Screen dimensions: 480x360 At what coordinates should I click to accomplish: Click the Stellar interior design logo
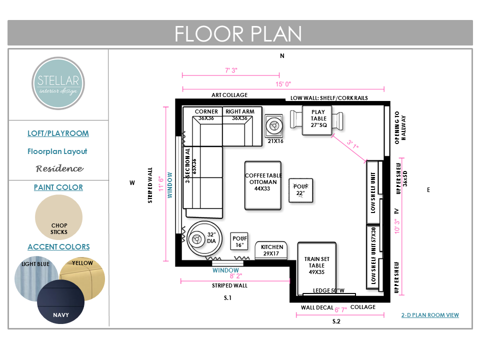pos(58,83)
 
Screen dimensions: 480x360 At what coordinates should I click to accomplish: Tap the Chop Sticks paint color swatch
pos(59,217)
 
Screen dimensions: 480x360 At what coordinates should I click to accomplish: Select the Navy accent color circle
pos(61,301)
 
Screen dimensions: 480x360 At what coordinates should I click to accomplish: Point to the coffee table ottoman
pos(263,185)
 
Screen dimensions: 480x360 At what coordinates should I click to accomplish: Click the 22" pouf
pos(301,190)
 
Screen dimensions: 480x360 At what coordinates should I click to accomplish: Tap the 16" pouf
pos(239,241)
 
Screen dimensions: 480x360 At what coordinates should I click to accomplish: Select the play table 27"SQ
pos(317,120)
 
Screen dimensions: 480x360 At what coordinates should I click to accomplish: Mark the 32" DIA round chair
pos(204,238)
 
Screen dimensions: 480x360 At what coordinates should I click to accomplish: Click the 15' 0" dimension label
pos(283,84)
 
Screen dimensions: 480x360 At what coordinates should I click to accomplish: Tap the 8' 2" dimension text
pos(236,276)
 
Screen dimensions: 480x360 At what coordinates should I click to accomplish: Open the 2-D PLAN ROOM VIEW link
pos(430,315)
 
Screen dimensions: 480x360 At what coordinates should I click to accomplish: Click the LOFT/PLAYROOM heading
pos(58,133)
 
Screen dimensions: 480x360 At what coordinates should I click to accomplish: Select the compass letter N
pos(282,55)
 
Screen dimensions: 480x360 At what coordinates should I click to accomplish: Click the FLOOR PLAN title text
pos(238,33)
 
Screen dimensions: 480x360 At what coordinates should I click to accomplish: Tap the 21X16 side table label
pos(275,141)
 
